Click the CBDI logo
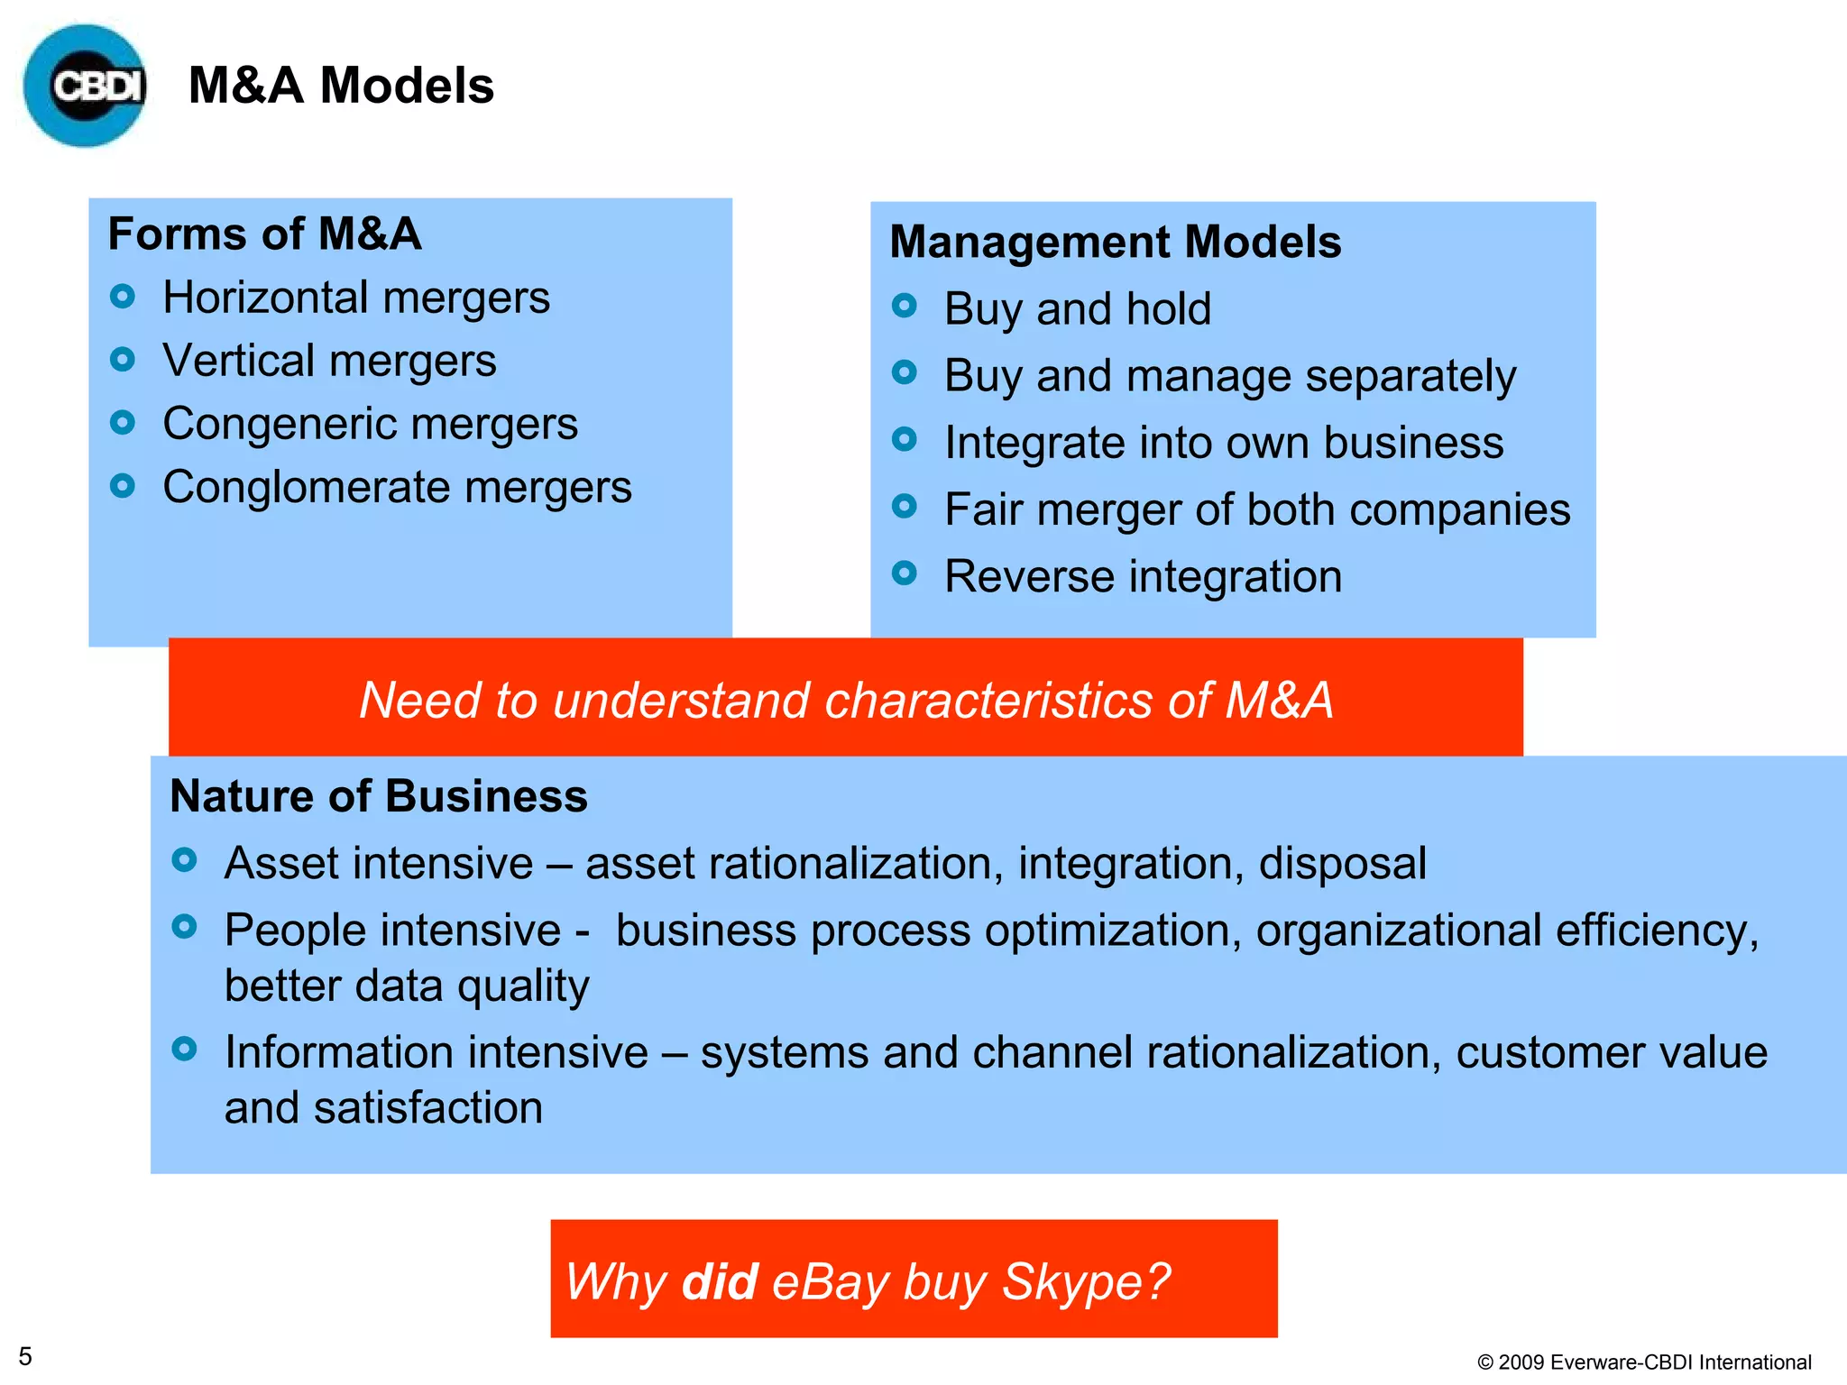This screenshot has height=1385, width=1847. (86, 86)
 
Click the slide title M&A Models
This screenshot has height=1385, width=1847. (341, 86)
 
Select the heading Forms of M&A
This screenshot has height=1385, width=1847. (264, 234)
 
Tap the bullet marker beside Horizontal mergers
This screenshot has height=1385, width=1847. (123, 296)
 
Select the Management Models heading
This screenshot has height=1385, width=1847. (1115, 242)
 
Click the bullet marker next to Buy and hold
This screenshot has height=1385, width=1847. (904, 306)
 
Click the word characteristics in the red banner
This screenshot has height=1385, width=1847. (988, 701)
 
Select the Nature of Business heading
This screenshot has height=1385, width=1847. (379, 796)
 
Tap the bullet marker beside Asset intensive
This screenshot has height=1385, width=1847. (184, 860)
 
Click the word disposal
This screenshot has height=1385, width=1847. (1342, 864)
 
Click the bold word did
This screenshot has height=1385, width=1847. (719, 1281)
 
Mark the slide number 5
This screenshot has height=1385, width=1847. (25, 1356)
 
